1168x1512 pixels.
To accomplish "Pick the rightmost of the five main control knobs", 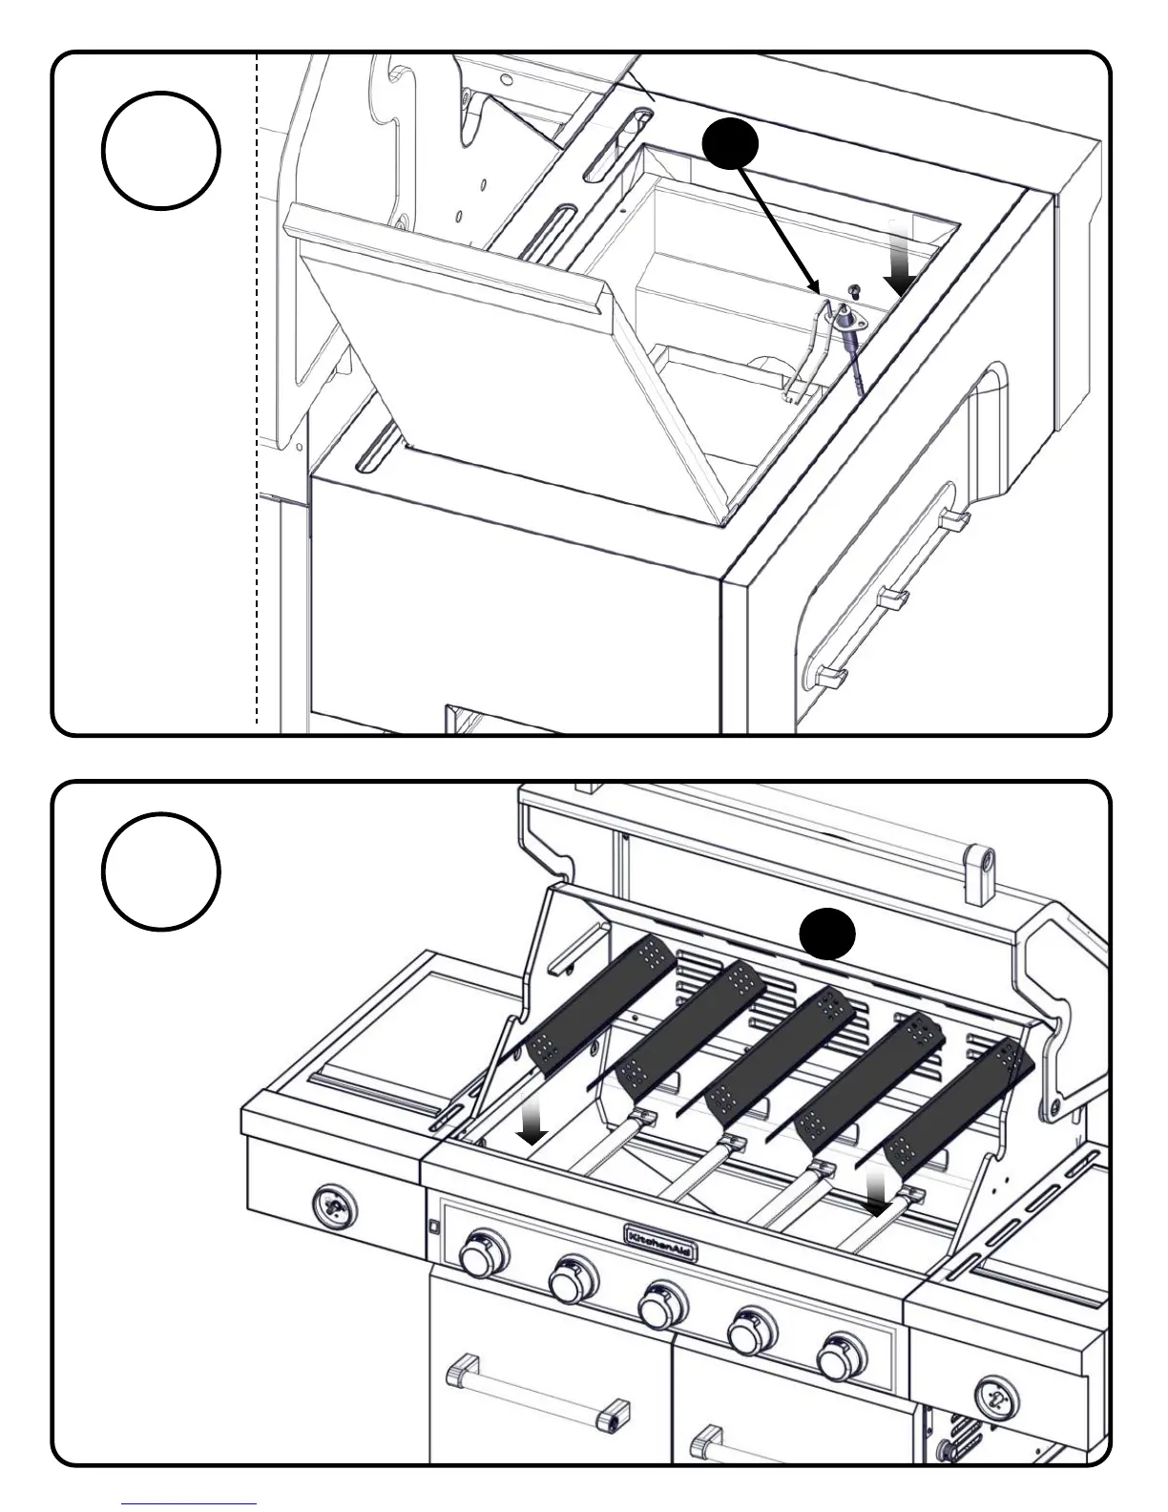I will pos(842,1353).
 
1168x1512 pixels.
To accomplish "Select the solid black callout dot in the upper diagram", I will pos(730,146).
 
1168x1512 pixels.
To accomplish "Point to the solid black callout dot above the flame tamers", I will pos(826,933).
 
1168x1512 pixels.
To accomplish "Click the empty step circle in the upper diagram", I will pos(161,150).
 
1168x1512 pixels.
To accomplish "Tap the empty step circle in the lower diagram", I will pos(161,871).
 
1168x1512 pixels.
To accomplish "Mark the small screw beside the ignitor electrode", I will pos(856,289).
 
